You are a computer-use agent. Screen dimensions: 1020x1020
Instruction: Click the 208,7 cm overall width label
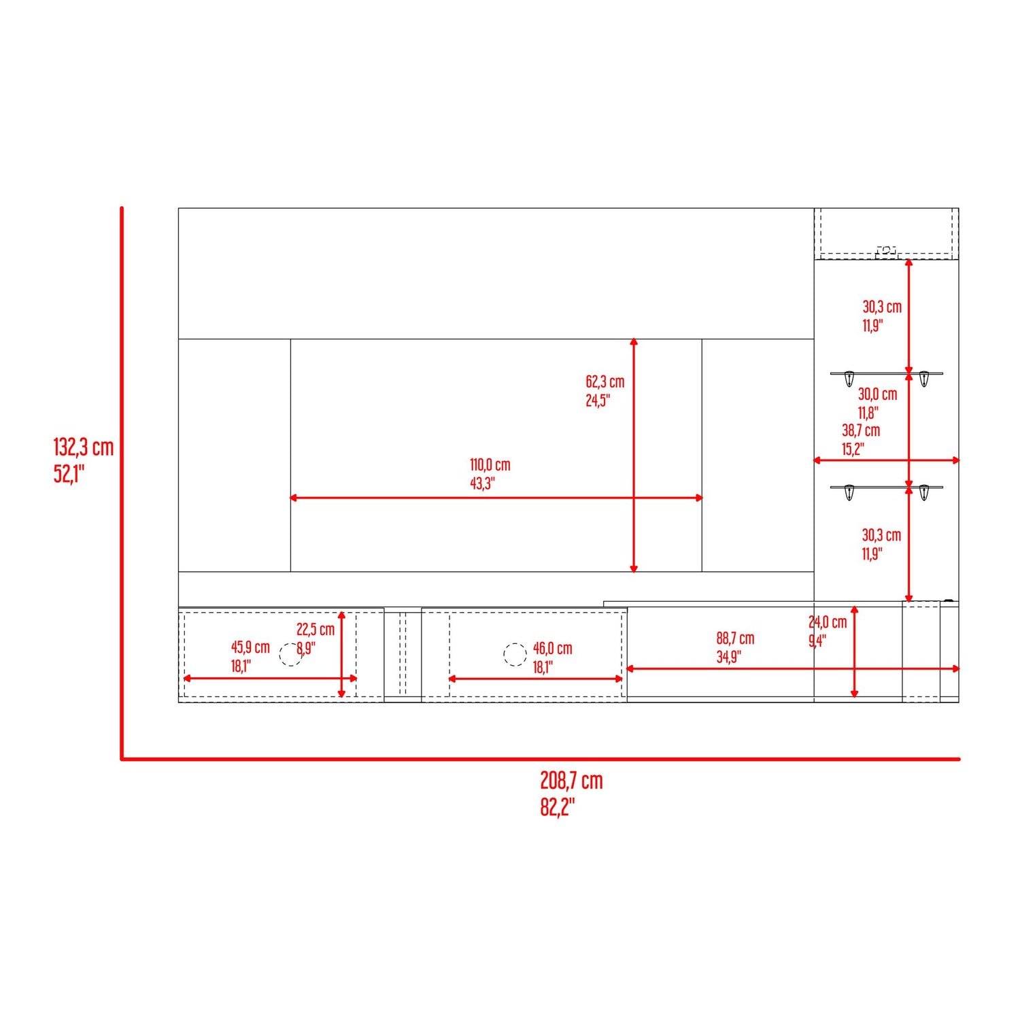tap(571, 781)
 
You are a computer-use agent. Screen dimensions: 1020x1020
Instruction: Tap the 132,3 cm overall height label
tap(84, 447)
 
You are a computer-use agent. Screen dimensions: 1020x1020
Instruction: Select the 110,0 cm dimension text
tap(490, 465)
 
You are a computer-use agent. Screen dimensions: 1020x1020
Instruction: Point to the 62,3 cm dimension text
tap(605, 382)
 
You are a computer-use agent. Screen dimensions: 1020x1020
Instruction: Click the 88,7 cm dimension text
tap(735, 639)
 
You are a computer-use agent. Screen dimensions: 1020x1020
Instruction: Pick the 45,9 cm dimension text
tap(250, 647)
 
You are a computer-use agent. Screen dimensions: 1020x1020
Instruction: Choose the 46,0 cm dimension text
tap(552, 649)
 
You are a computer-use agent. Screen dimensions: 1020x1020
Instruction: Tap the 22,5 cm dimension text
tap(316, 630)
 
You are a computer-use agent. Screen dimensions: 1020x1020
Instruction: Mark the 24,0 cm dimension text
tap(828, 622)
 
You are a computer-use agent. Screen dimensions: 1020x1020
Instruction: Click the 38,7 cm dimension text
tap(861, 430)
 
